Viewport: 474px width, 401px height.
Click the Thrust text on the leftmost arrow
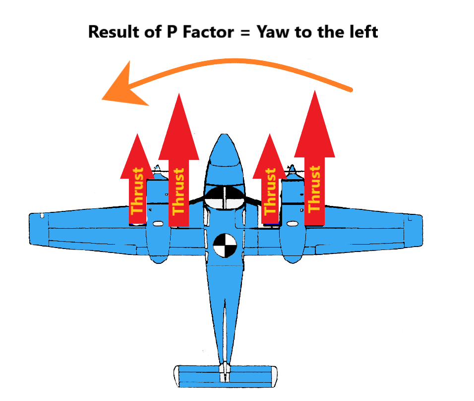(x=138, y=191)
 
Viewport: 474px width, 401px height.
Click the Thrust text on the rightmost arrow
(x=314, y=189)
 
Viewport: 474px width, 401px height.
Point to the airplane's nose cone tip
(x=225, y=136)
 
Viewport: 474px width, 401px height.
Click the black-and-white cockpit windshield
(x=225, y=197)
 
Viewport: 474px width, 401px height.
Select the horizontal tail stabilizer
(x=225, y=376)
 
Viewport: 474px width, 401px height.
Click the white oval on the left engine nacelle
(x=158, y=224)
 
